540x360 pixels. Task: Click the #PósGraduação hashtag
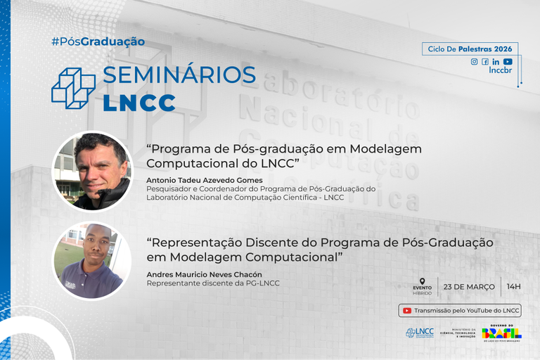coord(98,41)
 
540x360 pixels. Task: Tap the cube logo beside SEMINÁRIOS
coord(73,88)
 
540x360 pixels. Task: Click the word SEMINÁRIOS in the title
coord(179,75)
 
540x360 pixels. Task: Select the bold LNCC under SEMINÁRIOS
coord(139,102)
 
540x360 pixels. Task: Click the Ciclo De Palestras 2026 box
coord(470,49)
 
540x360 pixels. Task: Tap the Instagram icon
coord(474,62)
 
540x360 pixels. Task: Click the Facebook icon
coord(485,62)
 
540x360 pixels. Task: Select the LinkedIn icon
coord(496,62)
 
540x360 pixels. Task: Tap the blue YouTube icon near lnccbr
coord(508,62)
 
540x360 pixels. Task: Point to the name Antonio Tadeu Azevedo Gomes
coord(199,180)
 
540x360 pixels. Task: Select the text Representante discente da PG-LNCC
coord(213,283)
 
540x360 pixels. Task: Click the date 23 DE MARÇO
coord(469,287)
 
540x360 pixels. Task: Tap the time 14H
coord(513,287)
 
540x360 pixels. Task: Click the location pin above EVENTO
coord(422,281)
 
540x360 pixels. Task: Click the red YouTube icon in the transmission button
coord(406,310)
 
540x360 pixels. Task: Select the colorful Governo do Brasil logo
coord(501,332)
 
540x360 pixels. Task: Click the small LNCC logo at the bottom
coord(420,333)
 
